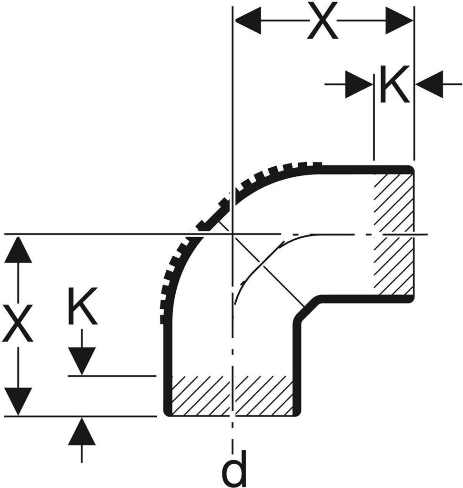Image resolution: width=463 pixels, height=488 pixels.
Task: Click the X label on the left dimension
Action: point(18,323)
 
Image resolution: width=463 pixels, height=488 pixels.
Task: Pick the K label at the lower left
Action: point(82,306)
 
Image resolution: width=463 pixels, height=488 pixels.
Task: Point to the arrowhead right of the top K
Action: point(430,85)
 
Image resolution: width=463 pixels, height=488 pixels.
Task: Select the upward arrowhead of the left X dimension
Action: point(18,250)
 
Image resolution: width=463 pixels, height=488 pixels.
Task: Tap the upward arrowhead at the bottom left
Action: point(82,432)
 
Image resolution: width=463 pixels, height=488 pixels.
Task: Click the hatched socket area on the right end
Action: point(393,234)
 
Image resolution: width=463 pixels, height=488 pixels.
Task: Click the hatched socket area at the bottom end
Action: point(232,396)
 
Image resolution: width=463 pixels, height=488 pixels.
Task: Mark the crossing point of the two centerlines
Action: point(232,234)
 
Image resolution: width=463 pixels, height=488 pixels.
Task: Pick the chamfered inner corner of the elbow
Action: point(306,307)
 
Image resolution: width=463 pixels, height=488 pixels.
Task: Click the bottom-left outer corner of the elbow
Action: point(167,412)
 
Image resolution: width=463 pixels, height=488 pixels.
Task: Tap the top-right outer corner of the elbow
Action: point(411,168)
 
